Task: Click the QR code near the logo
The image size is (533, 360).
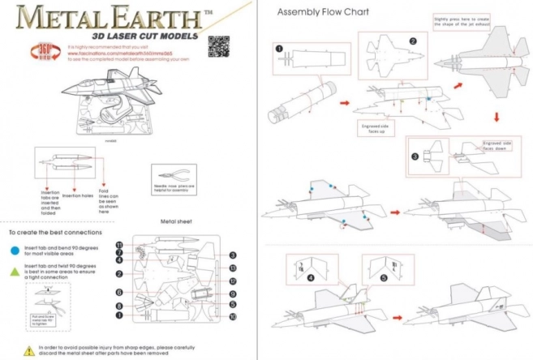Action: click(218, 47)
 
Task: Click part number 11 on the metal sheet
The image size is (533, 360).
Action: click(118, 245)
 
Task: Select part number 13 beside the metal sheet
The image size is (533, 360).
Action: click(232, 268)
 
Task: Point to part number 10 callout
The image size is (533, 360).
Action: click(232, 317)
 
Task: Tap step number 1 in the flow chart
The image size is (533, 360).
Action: click(279, 48)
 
